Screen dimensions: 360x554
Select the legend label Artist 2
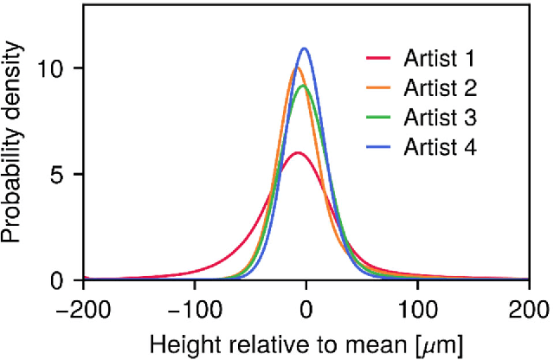[x=440, y=87]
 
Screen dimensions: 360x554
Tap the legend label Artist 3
[x=440, y=117]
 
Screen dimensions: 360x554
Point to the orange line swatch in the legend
[x=377, y=87]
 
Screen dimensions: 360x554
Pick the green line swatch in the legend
[x=377, y=117]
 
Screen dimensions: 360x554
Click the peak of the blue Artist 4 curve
[x=305, y=48]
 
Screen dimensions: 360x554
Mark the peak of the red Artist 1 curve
[x=298, y=152]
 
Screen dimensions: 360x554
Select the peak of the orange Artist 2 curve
[x=297, y=67]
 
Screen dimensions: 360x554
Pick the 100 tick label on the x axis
[x=417, y=307]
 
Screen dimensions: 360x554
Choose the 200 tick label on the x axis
[x=528, y=307]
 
